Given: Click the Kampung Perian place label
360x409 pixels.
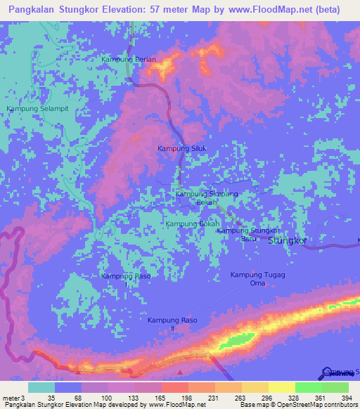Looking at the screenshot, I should coord(129,59).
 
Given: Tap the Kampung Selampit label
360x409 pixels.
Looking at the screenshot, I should coord(37,109).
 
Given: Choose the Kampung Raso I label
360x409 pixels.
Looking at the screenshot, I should coord(126,279).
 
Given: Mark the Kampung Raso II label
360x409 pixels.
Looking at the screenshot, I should coord(172,324).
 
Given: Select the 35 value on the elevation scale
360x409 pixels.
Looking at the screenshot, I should coord(51,398).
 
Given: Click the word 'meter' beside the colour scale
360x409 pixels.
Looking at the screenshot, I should coord(11,398).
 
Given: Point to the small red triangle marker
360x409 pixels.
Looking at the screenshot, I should coord(181,372).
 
